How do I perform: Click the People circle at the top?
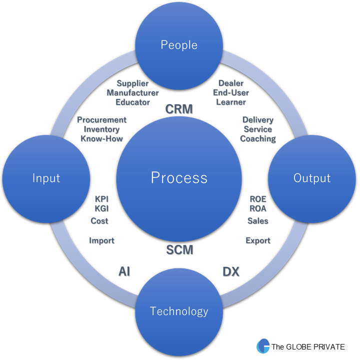pyautogui.click(x=179, y=45)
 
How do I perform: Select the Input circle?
pyautogui.click(x=46, y=178)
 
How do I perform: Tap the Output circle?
pyautogui.click(x=312, y=178)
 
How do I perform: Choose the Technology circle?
pyautogui.click(x=179, y=311)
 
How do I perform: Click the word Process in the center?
pyautogui.click(x=179, y=177)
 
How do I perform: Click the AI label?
pyautogui.click(x=124, y=272)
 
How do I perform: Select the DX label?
pyautogui.click(x=230, y=272)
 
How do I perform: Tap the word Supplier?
pyautogui.click(x=132, y=83)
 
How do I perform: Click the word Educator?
pyautogui.click(x=132, y=102)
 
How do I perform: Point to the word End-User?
pyautogui.click(x=231, y=92)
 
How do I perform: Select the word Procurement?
pyautogui.click(x=102, y=120)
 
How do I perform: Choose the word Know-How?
pyautogui.click(x=102, y=138)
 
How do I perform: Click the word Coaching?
pyautogui.click(x=258, y=138)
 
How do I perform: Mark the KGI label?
pyautogui.click(x=101, y=208)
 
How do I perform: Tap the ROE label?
pyautogui.click(x=258, y=199)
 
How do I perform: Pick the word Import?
pyautogui.click(x=101, y=240)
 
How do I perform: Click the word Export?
pyautogui.click(x=258, y=240)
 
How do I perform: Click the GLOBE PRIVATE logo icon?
pyautogui.click(x=263, y=346)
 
